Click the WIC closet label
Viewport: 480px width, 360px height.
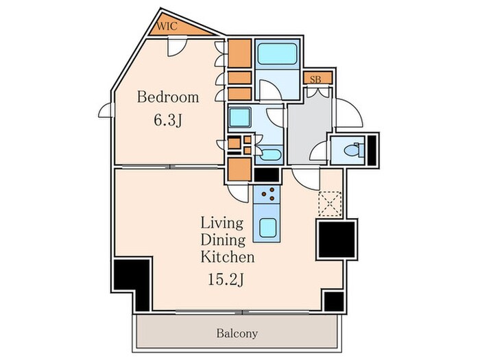click(167, 26)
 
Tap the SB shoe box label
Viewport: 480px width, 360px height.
click(315, 80)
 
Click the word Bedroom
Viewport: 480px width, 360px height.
click(168, 97)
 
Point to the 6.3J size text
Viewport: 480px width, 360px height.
click(168, 120)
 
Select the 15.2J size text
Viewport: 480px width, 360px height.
click(226, 279)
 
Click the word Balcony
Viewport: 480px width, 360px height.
click(237, 333)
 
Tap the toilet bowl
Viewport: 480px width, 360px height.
click(350, 150)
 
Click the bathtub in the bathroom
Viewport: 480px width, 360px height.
click(277, 54)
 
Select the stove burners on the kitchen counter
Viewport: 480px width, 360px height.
click(267, 194)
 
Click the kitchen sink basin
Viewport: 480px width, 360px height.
click(267, 228)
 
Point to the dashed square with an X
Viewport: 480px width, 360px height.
click(330, 204)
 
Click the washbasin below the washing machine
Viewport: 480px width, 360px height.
click(267, 154)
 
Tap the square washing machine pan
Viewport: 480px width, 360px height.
click(240, 117)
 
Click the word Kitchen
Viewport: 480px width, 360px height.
click(227, 257)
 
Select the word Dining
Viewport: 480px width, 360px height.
click(223, 240)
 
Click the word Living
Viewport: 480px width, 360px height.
click(222, 223)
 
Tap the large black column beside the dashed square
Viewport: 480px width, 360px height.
click(337, 239)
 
